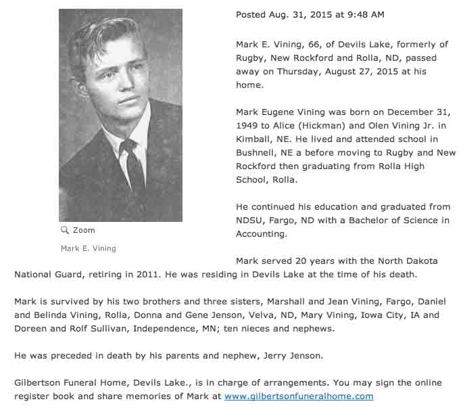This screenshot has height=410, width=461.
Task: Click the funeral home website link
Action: pyautogui.click(x=299, y=396)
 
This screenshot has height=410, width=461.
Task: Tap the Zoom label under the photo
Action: pyautogui.click(x=84, y=230)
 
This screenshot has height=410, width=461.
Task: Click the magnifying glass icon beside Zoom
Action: pyautogui.click(x=65, y=230)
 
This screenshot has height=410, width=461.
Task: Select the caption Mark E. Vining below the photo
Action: pyautogui.click(x=89, y=248)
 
